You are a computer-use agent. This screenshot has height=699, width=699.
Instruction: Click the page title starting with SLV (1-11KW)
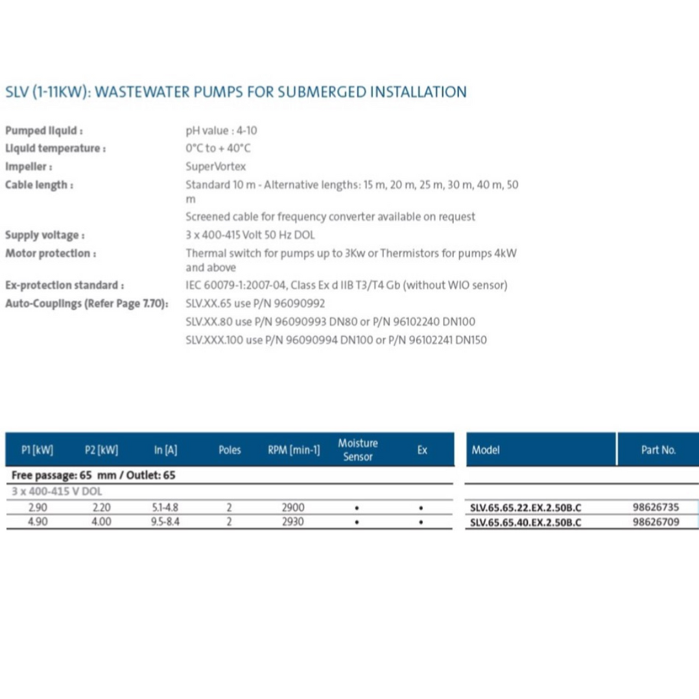pyautogui.click(x=235, y=92)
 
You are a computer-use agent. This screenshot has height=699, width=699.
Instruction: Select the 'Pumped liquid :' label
pyautogui.click(x=44, y=130)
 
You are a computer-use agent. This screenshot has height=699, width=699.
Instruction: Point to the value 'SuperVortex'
pyautogui.click(x=216, y=166)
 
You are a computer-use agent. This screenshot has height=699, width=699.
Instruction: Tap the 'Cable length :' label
pyautogui.click(x=39, y=185)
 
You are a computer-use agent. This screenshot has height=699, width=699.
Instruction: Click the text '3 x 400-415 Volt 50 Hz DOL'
pyautogui.click(x=250, y=235)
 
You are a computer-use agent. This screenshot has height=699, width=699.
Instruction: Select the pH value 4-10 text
pyautogui.click(x=221, y=130)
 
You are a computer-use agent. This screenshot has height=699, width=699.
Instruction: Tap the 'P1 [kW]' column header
pyautogui.click(x=37, y=450)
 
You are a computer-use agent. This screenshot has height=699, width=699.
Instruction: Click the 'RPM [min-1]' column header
pyautogui.click(x=294, y=450)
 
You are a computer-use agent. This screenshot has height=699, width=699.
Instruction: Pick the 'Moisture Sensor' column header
pyautogui.click(x=357, y=450)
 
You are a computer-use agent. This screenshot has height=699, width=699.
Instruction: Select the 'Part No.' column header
pyautogui.click(x=658, y=450)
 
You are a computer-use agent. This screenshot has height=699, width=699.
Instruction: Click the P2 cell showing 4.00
pyautogui.click(x=101, y=521)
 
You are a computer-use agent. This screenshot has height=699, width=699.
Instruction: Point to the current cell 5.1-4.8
pyautogui.click(x=163, y=508)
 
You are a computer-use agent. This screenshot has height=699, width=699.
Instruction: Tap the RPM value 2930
pyautogui.click(x=293, y=521)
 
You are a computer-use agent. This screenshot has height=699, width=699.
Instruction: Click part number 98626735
pyautogui.click(x=656, y=508)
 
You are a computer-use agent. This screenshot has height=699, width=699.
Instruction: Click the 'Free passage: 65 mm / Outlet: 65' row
pyautogui.click(x=93, y=475)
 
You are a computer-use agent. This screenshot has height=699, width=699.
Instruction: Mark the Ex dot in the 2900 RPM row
pyautogui.click(x=421, y=508)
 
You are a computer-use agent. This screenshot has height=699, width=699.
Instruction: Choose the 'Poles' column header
pyautogui.click(x=230, y=450)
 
